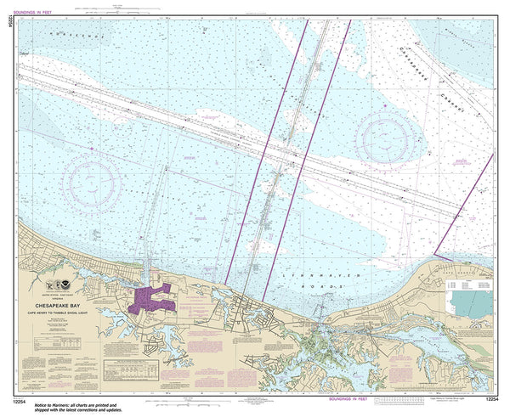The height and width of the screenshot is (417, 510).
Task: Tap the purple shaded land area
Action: [x=151, y=299]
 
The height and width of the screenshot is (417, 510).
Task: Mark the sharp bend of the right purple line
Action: [x=434, y=253]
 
